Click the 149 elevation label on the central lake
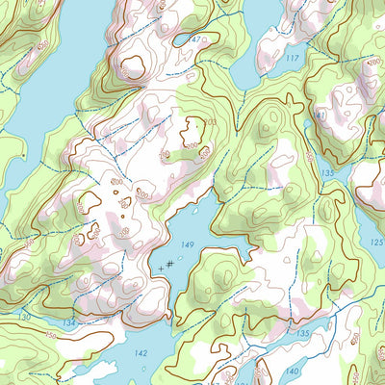(188, 245)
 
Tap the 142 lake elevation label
(141, 354)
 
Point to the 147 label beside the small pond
(195, 39)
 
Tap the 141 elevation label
(321, 115)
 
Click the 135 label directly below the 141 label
(328, 173)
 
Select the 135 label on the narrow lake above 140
(303, 333)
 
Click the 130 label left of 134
(24, 316)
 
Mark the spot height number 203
(210, 124)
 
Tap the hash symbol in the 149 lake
(169, 262)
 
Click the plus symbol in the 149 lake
(161, 265)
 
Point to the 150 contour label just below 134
(50, 334)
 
